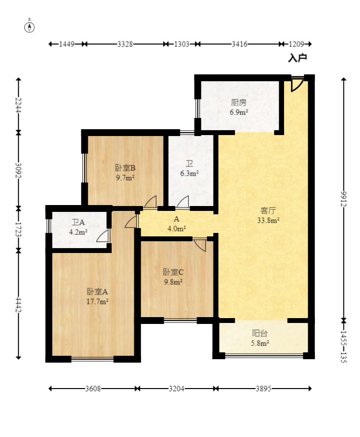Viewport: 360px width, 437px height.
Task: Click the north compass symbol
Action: coord(30,26)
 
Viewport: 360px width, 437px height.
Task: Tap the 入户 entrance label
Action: coord(297,58)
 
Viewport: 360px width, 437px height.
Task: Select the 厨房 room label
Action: coord(239,103)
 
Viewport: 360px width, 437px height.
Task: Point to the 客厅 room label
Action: coord(268,211)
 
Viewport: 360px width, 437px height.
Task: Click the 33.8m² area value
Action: coord(269,220)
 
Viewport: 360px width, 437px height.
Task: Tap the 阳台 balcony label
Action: coord(260,333)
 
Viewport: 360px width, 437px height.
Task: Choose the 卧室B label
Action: coord(125,168)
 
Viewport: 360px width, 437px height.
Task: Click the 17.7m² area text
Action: coord(97,301)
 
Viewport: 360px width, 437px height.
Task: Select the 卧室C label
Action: coord(173,272)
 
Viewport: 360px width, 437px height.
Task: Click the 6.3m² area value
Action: coord(189,173)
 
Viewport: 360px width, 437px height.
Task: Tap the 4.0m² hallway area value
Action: coord(177,229)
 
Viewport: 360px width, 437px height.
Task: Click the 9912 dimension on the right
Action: coord(344,199)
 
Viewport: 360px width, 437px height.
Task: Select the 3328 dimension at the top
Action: coord(125,44)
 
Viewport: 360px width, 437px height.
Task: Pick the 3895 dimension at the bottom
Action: coord(263,389)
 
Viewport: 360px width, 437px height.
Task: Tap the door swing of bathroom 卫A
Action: coord(103,236)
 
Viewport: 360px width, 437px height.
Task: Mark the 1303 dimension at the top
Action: coord(181,44)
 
